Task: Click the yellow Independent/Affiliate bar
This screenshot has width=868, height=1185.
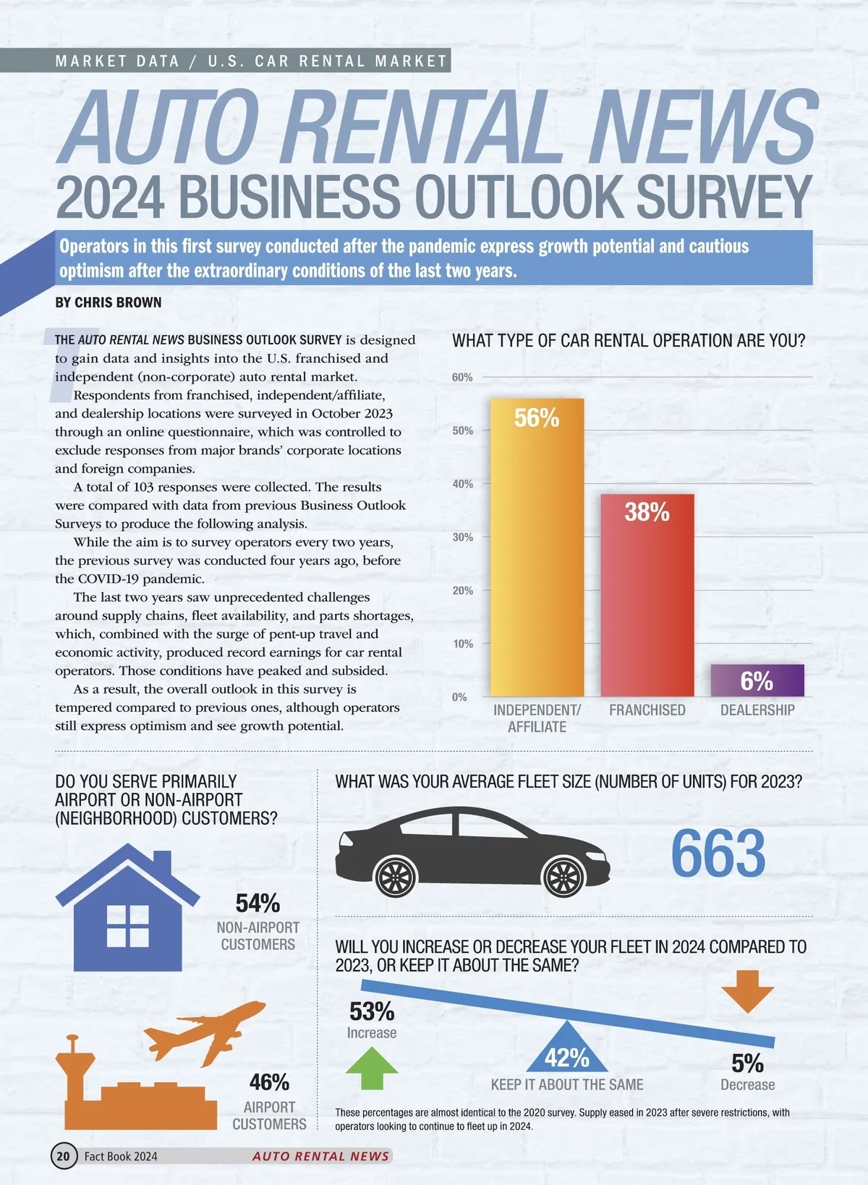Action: pos(537,550)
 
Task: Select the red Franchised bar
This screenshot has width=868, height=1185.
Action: pos(647,597)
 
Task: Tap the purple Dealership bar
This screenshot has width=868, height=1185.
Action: pos(757,681)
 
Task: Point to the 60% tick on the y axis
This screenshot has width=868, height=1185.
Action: pos(462,378)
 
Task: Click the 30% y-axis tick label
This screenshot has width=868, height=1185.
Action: pos(462,538)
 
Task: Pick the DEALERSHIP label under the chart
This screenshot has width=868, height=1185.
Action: pos(757,710)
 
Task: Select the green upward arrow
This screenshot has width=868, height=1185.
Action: pos(372,1067)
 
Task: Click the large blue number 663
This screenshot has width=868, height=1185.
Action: pos(718,854)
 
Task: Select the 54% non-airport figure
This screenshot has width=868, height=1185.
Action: pos(258,904)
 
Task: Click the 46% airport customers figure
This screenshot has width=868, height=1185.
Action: pos(269,1082)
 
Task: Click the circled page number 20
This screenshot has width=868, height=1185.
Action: pos(64,1156)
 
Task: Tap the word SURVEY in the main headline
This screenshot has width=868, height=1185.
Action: pos(723,197)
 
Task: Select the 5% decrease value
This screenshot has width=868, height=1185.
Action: pos(747,1063)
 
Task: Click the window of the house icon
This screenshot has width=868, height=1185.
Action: pos(128,926)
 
